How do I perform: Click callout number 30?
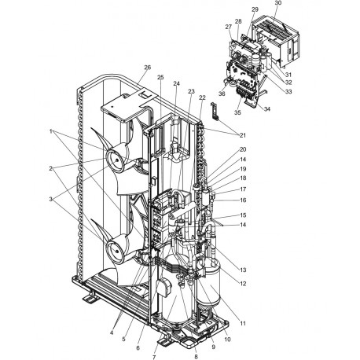[x=276, y=4]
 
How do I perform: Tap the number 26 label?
[x=146, y=67]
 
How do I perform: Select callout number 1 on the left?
[x=51, y=130]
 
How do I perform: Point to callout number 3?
[x=51, y=200]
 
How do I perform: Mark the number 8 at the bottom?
[x=196, y=356]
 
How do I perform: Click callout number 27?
[x=229, y=27]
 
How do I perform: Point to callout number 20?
[x=243, y=149]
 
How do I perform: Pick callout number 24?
[x=177, y=84]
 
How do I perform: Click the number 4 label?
[x=112, y=333]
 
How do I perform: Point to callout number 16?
[x=243, y=200]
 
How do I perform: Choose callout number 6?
[x=139, y=348]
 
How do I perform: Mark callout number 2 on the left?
[x=51, y=168]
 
